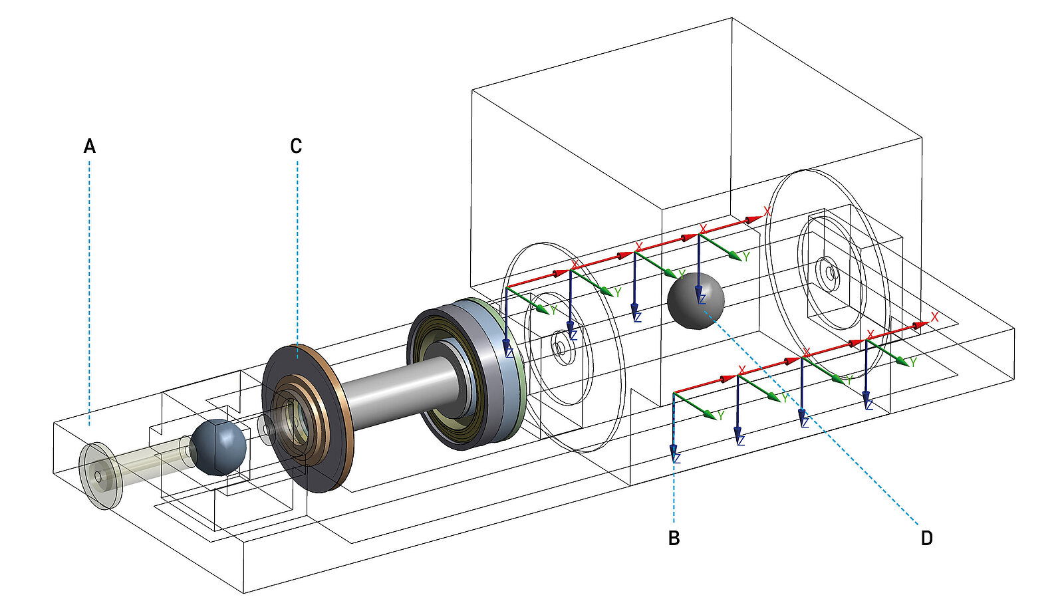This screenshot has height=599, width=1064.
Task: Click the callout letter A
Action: pos(90,146)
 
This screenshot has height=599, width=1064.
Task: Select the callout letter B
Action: pos(674,538)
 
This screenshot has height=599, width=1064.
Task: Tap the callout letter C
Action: pos(297,146)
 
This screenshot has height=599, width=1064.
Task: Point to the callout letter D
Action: pos(926,538)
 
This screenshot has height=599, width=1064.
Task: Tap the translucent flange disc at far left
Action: pos(98,477)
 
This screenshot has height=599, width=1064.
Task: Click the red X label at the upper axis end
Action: pos(767,211)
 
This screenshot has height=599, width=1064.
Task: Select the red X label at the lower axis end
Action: pos(934,317)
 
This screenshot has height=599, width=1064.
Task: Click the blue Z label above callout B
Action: pos(677,458)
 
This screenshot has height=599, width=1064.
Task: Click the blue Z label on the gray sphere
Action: pos(701,300)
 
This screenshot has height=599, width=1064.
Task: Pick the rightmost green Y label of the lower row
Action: pos(913,362)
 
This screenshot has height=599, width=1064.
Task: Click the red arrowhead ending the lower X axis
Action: pos(921,324)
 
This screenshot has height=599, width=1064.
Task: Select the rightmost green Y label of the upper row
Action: pos(746,256)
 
